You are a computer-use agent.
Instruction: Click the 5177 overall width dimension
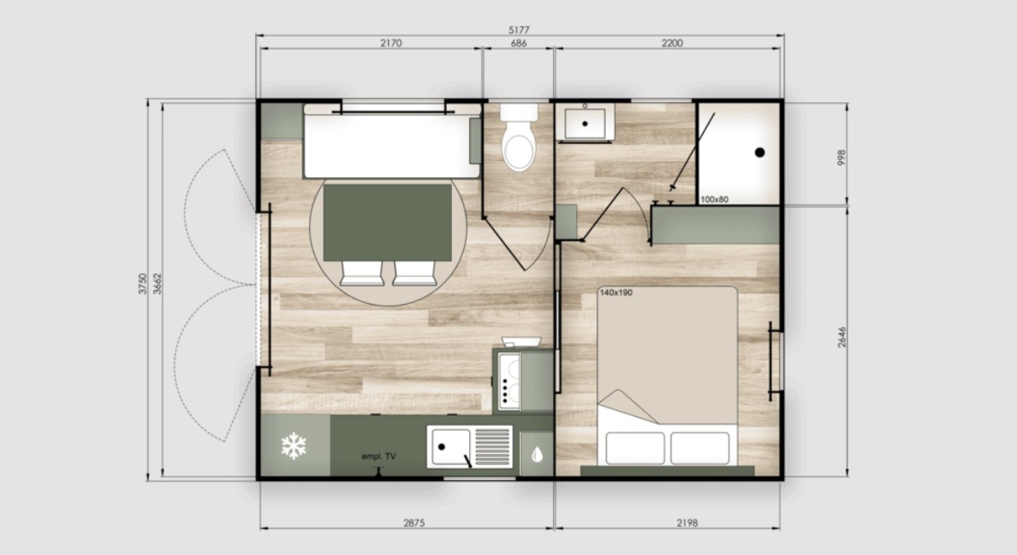click(519, 30)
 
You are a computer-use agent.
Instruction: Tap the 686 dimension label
click(519, 43)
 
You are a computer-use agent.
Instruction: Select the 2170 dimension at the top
click(391, 43)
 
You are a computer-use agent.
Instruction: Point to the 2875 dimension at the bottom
click(414, 523)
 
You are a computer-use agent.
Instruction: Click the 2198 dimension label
click(688, 523)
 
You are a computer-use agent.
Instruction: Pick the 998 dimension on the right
click(841, 157)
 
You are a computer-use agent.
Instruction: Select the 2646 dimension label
click(841, 337)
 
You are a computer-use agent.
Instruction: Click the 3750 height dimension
click(143, 283)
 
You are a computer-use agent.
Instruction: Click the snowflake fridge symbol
click(293, 446)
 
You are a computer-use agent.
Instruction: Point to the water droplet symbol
click(536, 455)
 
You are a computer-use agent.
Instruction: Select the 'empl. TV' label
click(379, 456)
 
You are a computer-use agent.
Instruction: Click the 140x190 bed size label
click(615, 293)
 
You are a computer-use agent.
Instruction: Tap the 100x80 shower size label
click(714, 200)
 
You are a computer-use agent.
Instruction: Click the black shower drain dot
click(759, 152)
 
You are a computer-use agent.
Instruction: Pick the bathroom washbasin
click(585, 123)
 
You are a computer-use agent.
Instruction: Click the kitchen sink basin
click(450, 447)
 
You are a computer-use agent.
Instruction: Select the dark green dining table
click(387, 222)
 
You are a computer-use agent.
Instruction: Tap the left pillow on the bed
click(635, 448)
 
